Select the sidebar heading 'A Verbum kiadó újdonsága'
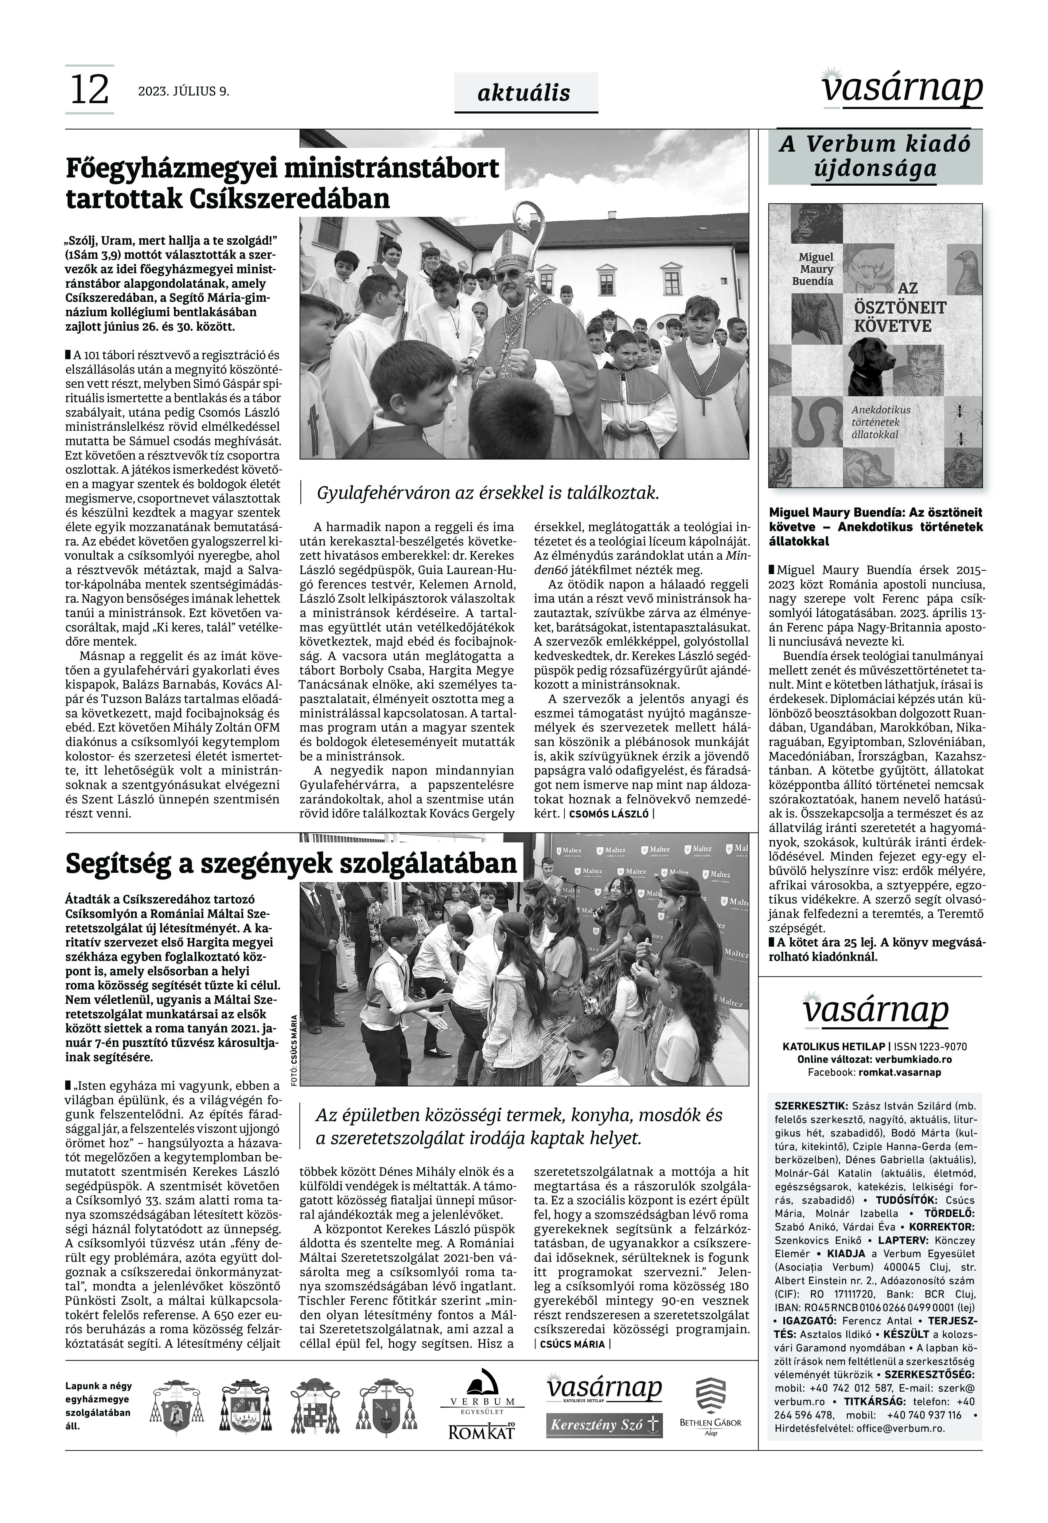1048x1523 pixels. pyautogui.click(x=875, y=156)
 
